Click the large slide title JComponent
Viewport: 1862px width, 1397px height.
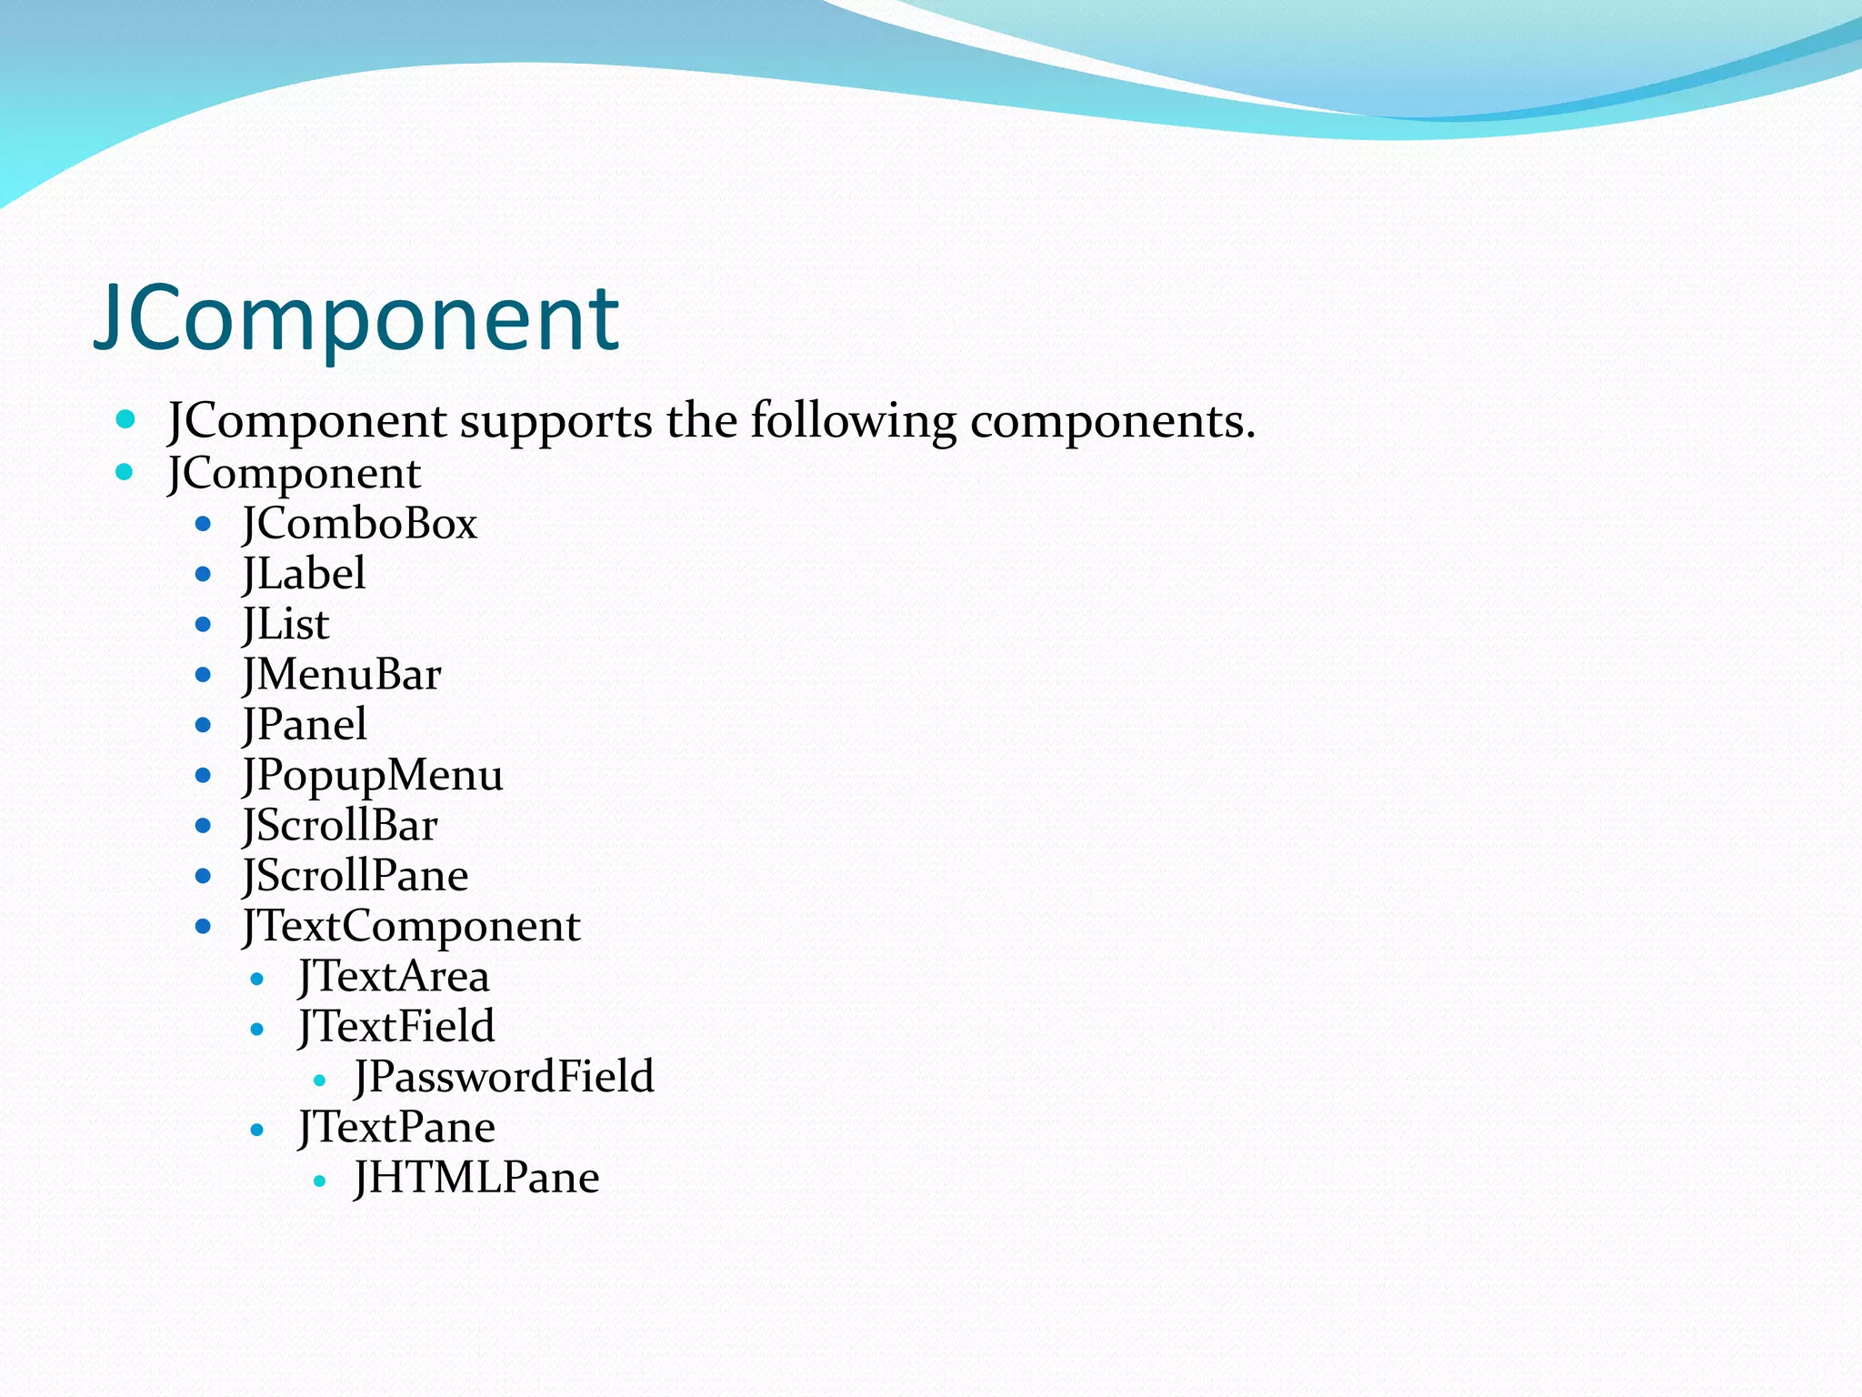click(356, 318)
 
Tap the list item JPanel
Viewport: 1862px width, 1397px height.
click(305, 726)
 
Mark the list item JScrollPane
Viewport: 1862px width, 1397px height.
click(355, 877)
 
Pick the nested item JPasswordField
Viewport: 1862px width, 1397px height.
click(504, 1078)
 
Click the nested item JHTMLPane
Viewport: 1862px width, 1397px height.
click(476, 1179)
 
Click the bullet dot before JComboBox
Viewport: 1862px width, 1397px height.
click(203, 525)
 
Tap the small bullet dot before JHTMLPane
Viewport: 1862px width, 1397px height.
click(319, 1181)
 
